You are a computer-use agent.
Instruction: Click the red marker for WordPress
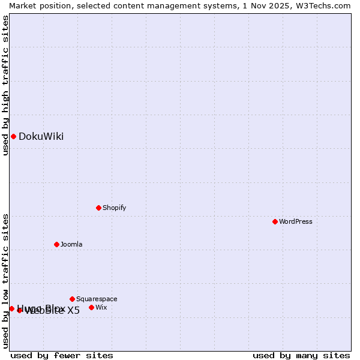point(275,221)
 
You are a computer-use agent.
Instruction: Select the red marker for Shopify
point(98,208)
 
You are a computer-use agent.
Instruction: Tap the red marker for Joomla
point(56,244)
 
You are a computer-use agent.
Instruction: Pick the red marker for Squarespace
point(72,299)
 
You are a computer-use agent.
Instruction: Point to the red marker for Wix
point(91,307)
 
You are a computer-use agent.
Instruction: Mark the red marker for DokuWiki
point(13,136)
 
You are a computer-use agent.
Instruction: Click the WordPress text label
point(296,221)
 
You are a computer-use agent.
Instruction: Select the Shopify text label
point(114,208)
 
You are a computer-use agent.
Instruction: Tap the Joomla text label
point(71,244)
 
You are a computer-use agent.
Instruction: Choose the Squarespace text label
point(97,299)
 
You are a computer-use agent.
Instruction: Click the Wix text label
point(101,307)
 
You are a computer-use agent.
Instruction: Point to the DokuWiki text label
point(41,136)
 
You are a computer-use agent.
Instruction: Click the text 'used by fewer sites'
point(62,355)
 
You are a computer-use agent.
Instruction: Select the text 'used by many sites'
point(301,355)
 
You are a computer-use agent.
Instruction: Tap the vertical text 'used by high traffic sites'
point(5,85)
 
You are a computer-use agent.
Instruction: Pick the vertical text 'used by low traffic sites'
point(5,281)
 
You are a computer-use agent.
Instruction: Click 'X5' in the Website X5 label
point(73,310)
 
